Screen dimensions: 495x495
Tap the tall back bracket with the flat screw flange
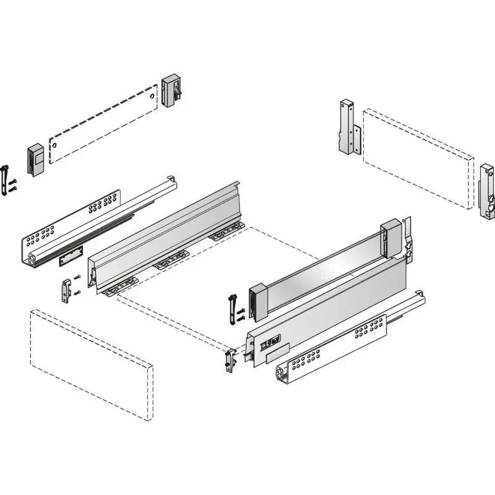pyautogui.click(x=347, y=128)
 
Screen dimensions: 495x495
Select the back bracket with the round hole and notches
pyautogui.click(x=486, y=191)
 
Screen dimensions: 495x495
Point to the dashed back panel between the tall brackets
pyautogui.click(x=418, y=159)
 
